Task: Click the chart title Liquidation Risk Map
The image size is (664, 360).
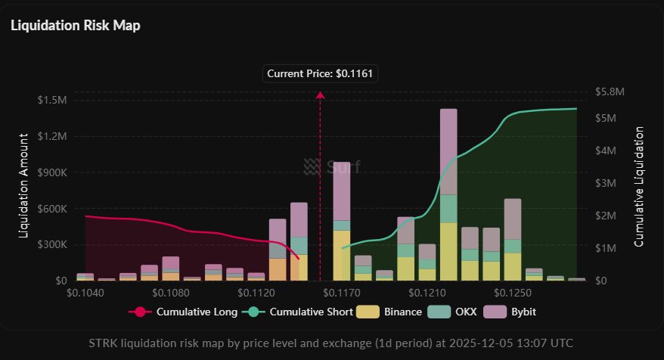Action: (x=76, y=25)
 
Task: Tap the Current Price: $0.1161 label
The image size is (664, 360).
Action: (x=321, y=74)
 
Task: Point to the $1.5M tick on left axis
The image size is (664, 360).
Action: (x=51, y=101)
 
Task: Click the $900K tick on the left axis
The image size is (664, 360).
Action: (x=51, y=172)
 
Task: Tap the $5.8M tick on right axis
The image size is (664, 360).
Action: (x=611, y=92)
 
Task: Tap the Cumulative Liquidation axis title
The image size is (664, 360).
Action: (x=639, y=186)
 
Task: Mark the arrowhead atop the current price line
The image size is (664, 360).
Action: (x=320, y=95)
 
